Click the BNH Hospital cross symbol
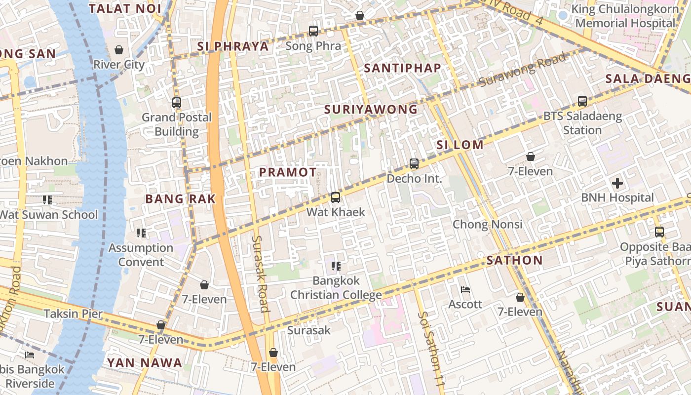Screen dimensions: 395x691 coord(617,183)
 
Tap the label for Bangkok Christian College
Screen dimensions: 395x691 coord(336,288)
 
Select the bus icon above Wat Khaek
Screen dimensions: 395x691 coord(336,197)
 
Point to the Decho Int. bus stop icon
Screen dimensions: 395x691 coord(414,164)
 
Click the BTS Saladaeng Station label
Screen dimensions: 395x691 coord(582,123)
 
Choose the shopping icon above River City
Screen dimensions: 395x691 coord(119,50)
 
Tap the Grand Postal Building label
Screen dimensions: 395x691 coord(177,124)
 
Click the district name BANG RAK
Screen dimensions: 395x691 coord(181,199)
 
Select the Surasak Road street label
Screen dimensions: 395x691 coord(261,274)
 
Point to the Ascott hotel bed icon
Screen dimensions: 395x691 coord(465,290)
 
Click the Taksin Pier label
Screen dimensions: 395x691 coord(73,314)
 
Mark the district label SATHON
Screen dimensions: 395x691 coord(514,260)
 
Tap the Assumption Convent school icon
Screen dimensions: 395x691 coord(141,233)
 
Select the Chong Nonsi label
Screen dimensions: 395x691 coord(488,224)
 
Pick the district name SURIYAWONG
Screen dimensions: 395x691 coord(371,110)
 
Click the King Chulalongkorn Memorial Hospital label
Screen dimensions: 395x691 coord(625,16)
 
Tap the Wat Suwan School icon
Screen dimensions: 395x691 coord(47,200)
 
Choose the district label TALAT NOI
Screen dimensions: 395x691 coord(125,8)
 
